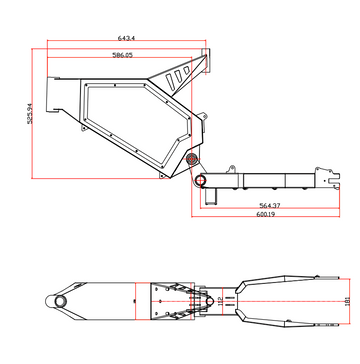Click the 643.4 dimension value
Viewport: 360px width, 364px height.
[128, 38]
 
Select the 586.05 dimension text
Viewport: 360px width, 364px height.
[123, 56]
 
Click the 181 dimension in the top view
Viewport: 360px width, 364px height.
[346, 297]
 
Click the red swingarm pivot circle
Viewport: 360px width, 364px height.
[200, 181]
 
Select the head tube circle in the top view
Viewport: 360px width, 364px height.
[63, 300]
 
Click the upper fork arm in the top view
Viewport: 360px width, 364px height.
[290, 279]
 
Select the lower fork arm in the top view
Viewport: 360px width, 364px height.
[290, 317]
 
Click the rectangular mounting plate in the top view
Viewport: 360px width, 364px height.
[170, 298]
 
